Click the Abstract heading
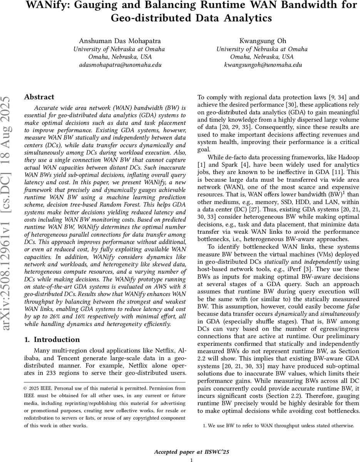click(39, 97)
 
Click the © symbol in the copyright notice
click(26, 388)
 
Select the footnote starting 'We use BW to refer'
click(278, 425)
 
